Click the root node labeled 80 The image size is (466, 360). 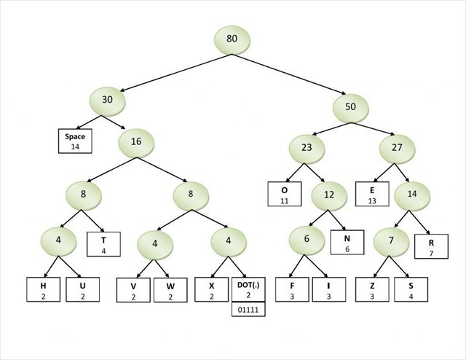coord(232,39)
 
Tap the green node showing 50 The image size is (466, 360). coord(350,107)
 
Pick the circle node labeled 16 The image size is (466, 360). coord(136,142)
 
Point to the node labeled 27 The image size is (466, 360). coord(398,147)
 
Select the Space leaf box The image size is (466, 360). coord(75,141)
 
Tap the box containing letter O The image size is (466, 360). coord(284,193)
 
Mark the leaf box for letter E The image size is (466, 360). coord(374,195)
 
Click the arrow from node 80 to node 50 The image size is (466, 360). coord(291,74)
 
